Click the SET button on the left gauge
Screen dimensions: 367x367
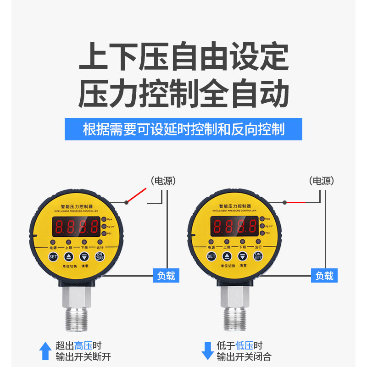pyautogui.click(x=53, y=256)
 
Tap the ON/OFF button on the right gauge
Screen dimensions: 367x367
pyautogui.click(x=258, y=256)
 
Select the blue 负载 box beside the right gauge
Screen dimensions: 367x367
pyautogui.click(x=324, y=276)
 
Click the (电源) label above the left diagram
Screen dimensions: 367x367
pyautogui.click(x=163, y=181)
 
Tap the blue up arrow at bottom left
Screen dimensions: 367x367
pyautogui.click(x=45, y=351)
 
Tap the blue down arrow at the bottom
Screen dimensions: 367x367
pyautogui.click(x=207, y=351)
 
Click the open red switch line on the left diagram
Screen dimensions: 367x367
pyautogui.click(x=137, y=195)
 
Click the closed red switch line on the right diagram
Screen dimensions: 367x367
pyautogui.click(x=296, y=202)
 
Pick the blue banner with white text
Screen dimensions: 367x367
pyautogui.click(x=183, y=129)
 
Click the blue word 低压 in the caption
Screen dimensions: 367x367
pyautogui.click(x=245, y=346)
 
